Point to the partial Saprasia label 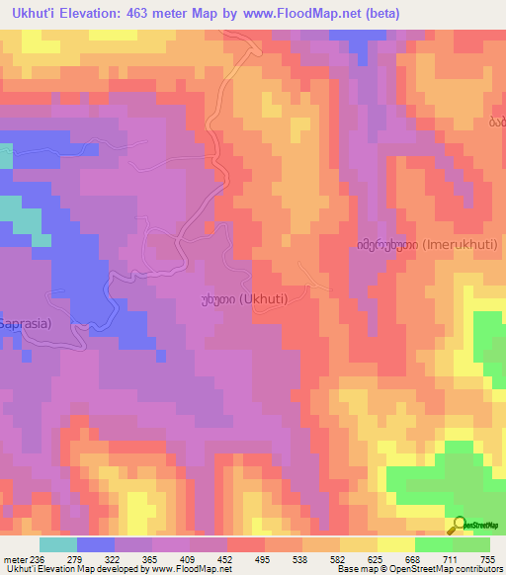tap(26, 323)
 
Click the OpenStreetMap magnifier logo tap(459, 525)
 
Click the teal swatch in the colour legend tap(58, 544)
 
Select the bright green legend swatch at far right tap(470, 544)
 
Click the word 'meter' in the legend tap(15, 558)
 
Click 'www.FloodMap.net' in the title tap(302, 14)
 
